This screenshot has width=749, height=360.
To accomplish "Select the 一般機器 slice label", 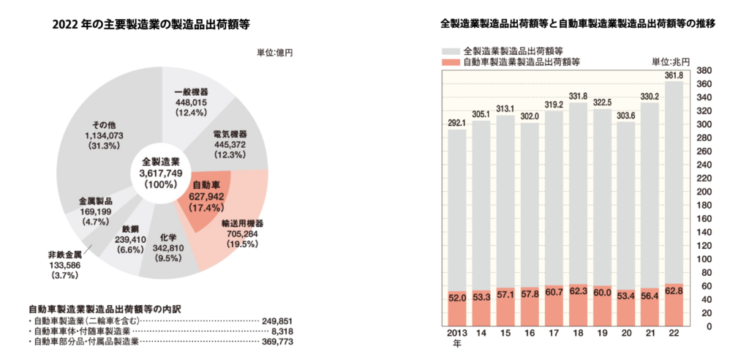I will [x=192, y=91].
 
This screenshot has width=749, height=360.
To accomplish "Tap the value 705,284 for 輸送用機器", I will [x=241, y=235].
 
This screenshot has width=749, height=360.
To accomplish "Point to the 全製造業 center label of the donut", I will [x=155, y=161].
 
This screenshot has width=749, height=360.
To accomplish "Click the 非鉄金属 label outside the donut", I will [x=63, y=255].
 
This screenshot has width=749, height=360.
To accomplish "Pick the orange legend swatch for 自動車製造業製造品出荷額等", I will [x=451, y=63].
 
